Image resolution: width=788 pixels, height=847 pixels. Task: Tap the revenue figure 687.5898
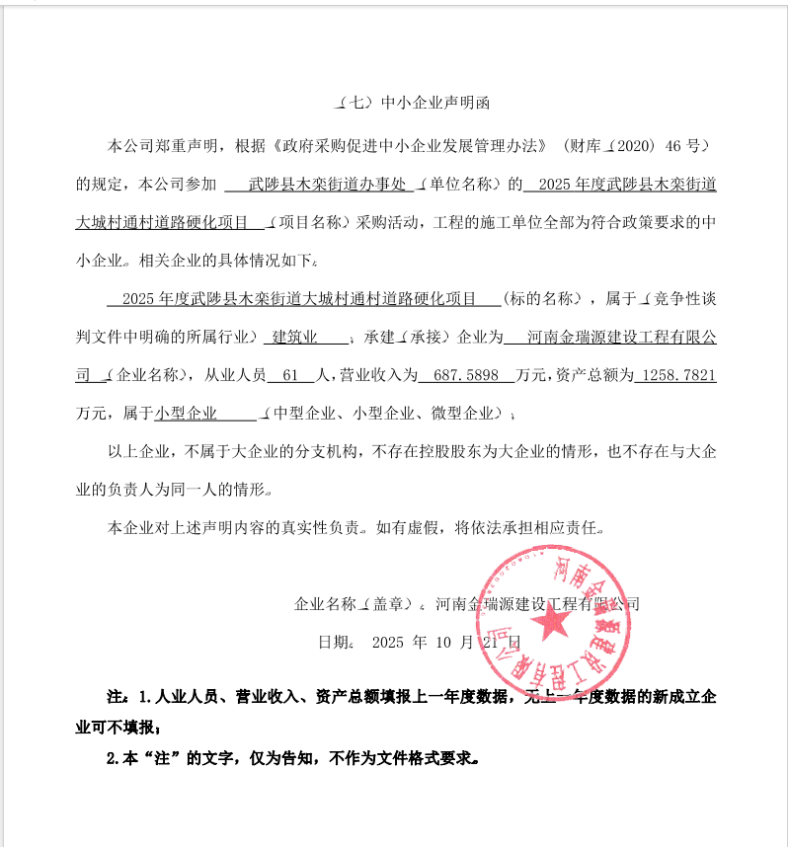(465, 375)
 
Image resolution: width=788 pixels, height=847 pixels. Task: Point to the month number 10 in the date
(441, 642)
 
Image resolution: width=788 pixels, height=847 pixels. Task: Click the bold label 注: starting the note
(118, 698)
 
